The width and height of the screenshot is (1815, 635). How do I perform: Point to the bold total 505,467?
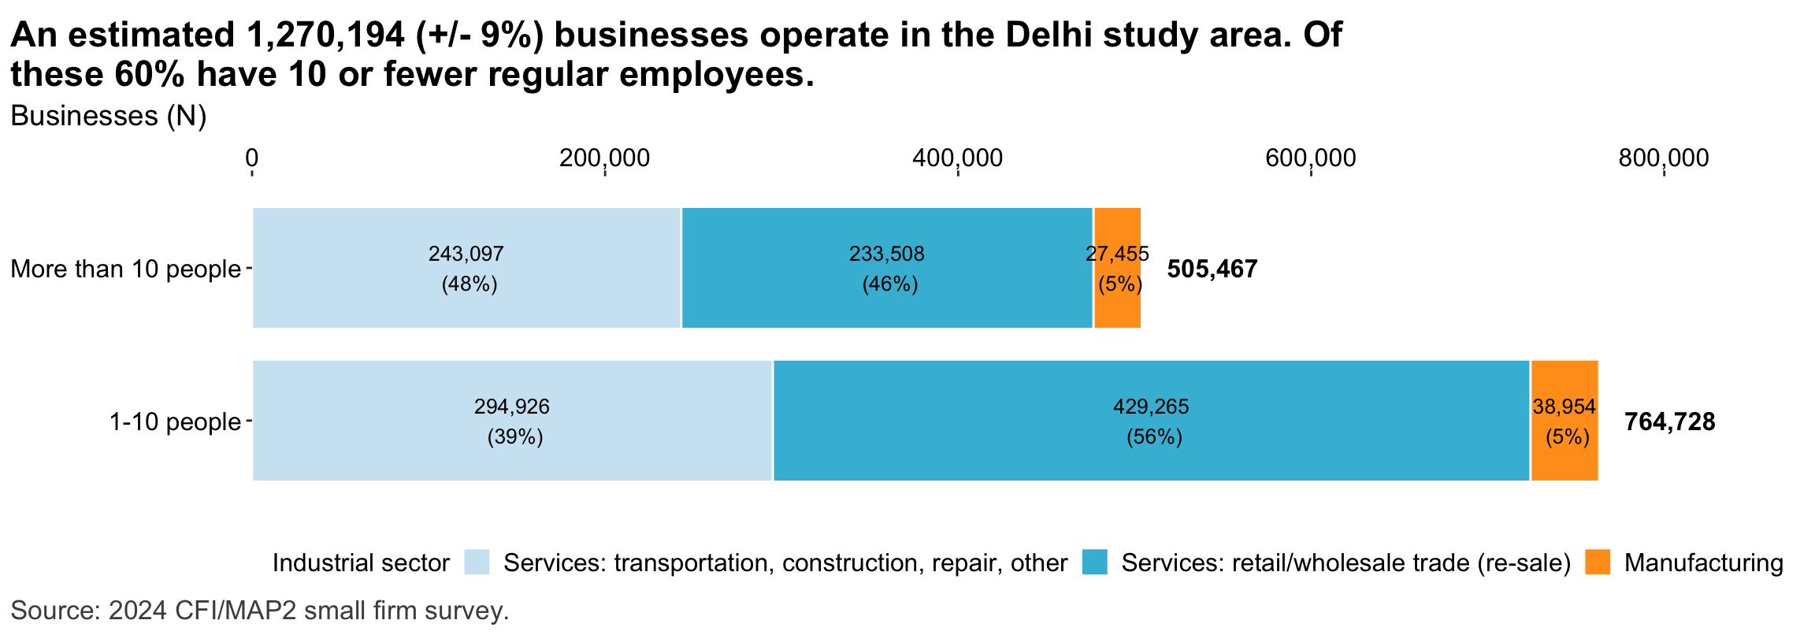coord(1212,269)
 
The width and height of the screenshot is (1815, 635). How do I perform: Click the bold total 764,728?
coord(1669,422)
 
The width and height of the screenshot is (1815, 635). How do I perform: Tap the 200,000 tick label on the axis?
coord(604,158)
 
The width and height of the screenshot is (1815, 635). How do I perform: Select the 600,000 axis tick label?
coord(1311,158)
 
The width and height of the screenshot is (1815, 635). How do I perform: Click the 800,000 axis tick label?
coord(1664,158)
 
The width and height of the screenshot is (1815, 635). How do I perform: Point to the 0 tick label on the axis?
coord(251,158)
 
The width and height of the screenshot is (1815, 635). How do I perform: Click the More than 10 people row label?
coord(125,269)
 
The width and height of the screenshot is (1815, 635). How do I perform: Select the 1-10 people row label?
coord(175,422)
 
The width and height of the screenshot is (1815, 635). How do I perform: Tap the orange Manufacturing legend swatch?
coord(1598,563)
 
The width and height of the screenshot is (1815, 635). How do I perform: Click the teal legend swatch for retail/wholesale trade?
coord(1095,563)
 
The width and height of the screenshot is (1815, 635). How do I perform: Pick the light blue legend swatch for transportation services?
coord(477,563)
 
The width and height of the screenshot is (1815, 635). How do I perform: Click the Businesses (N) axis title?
coord(108,117)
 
